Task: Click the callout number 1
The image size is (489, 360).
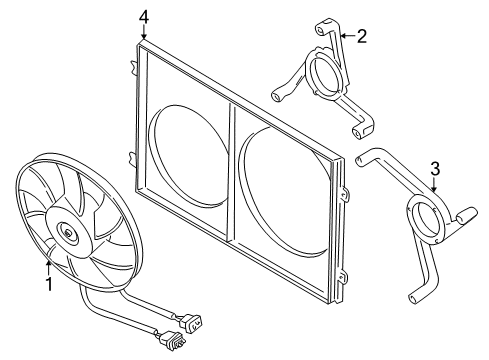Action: [x=49, y=284]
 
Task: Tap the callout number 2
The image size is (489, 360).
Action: [x=362, y=36]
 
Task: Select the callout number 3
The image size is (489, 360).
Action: [x=435, y=169]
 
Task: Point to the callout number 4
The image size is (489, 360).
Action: [x=144, y=17]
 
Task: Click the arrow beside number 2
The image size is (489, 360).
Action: [x=347, y=36]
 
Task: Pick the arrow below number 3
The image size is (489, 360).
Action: [x=434, y=185]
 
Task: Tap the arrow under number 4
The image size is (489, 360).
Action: [x=144, y=32]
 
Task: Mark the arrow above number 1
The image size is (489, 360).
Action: [x=49, y=268]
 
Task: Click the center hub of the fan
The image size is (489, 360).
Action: [x=68, y=233]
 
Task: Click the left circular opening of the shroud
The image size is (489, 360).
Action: [x=188, y=155]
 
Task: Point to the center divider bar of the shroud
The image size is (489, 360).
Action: [x=230, y=171]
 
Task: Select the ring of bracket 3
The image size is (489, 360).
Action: [x=427, y=221]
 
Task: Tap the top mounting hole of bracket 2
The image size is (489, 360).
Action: [x=321, y=31]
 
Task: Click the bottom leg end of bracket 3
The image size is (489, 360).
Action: [x=412, y=298]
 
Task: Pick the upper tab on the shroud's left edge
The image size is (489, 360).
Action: [x=133, y=65]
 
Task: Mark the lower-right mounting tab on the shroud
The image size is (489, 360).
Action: [x=344, y=278]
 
